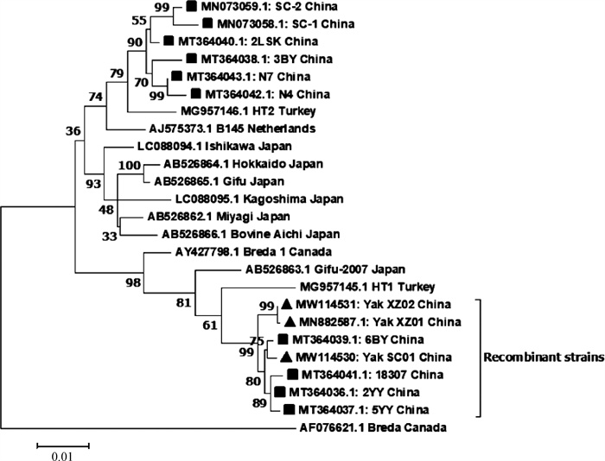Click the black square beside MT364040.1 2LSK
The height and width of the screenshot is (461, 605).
click(167, 41)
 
